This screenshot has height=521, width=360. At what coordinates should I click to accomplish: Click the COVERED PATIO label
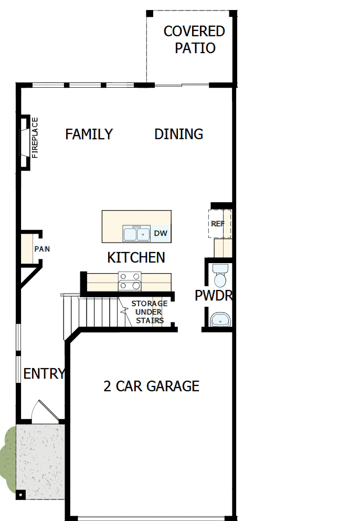194,40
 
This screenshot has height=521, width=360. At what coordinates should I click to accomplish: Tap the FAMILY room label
89,134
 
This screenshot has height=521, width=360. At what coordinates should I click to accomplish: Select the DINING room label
178,134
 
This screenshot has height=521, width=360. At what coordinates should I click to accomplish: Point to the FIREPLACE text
35,138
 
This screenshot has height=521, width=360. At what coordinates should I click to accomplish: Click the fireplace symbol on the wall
24,142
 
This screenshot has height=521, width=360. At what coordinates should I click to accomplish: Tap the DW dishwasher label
161,233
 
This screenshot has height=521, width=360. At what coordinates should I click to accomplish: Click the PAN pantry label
42,249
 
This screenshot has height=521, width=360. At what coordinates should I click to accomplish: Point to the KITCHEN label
136,258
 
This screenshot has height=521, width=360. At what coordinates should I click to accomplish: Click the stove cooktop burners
130,281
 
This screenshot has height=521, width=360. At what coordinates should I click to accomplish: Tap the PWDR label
213,296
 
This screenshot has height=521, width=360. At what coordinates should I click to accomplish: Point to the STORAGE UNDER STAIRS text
149,312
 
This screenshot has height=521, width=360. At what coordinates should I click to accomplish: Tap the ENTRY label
44,374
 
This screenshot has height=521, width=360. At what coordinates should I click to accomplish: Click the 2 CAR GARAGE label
151,387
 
